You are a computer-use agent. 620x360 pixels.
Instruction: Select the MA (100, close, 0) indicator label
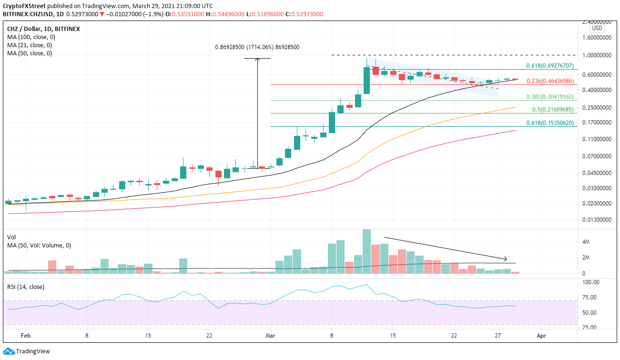coord(30,37)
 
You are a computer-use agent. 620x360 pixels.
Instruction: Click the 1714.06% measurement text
coord(257,47)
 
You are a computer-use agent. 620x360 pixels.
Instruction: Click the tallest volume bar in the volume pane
coord(366,251)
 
